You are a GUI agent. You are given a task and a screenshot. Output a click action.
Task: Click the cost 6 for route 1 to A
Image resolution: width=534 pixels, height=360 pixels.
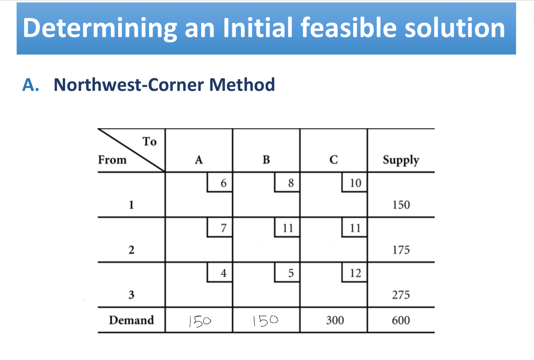click(x=224, y=183)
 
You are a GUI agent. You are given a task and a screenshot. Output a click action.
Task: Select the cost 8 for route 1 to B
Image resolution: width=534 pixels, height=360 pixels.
click(x=291, y=183)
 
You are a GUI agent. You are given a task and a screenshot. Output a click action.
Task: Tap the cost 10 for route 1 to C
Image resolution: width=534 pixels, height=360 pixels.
click(x=355, y=183)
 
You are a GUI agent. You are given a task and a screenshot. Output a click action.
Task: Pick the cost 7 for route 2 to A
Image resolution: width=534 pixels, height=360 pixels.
click(x=224, y=228)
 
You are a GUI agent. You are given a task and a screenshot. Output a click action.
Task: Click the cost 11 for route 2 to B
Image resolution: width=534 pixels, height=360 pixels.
click(x=288, y=228)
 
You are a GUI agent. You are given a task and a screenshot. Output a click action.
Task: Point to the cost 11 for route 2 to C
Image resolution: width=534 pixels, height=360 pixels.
click(x=355, y=228)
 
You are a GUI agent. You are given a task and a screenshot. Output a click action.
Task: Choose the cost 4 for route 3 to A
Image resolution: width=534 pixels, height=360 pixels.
click(x=224, y=273)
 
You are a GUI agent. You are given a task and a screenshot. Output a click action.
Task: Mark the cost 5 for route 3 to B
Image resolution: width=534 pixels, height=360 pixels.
click(x=291, y=273)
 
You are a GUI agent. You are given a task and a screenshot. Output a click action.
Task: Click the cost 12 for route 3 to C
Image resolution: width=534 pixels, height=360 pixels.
click(x=355, y=273)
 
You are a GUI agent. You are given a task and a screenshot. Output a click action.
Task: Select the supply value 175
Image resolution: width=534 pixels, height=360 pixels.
click(x=401, y=250)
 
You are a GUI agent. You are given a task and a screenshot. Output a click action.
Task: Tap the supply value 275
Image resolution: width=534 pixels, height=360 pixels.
click(x=401, y=295)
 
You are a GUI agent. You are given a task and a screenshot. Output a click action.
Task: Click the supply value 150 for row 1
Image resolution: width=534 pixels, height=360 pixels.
click(x=401, y=205)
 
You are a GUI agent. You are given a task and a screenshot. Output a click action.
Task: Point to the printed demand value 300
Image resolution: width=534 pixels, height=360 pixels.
click(x=335, y=320)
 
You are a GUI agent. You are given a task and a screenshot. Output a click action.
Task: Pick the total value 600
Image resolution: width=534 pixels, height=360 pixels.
click(x=401, y=320)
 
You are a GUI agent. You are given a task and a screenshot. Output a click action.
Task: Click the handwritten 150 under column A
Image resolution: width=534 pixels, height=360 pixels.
click(x=200, y=321)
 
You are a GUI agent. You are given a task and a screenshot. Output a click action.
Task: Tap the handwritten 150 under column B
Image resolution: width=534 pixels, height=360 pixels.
click(x=265, y=321)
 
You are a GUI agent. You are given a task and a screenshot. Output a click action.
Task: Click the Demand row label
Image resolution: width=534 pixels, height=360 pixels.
click(x=131, y=320)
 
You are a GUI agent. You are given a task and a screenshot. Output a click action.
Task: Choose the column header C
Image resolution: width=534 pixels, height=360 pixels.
click(x=334, y=160)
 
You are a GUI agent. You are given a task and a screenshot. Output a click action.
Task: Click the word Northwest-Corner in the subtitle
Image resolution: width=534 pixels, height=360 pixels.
click(x=129, y=85)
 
